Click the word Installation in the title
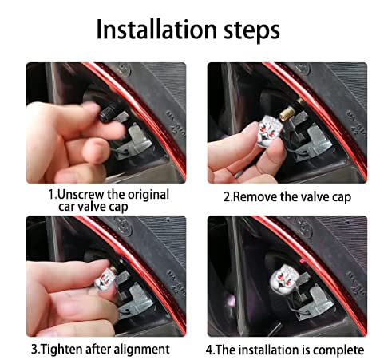[156, 30]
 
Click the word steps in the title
[251, 31]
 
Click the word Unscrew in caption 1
[81, 195]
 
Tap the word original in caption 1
[148, 196]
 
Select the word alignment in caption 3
[141, 350]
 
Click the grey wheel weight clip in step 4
[319, 300]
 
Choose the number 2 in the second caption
[227, 197]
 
